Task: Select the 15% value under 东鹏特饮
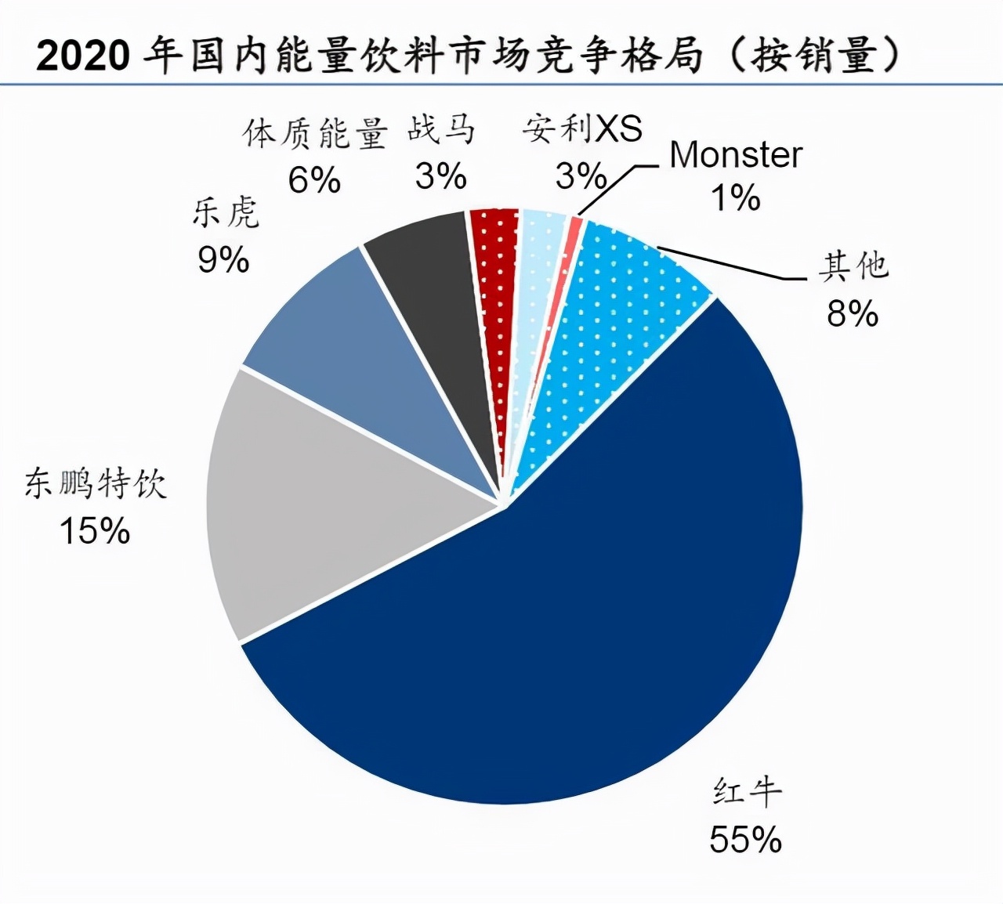(94, 531)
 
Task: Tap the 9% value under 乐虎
(223, 260)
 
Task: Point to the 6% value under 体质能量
(314, 181)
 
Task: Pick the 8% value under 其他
(852, 314)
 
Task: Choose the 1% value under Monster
(735, 197)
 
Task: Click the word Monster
(735, 155)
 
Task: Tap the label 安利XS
(582, 129)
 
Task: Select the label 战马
(441, 129)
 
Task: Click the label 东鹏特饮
(96, 484)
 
